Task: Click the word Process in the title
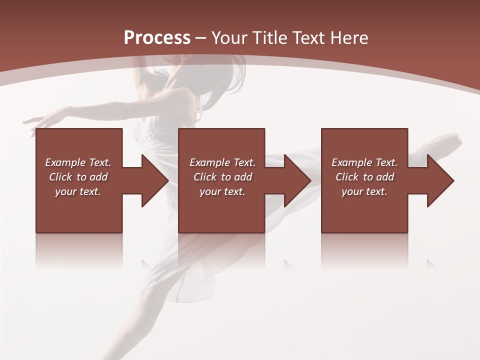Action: [157, 38]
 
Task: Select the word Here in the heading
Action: [349, 38]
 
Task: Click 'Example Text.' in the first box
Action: [78, 162]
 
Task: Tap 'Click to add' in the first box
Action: [78, 177]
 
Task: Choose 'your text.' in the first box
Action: [78, 191]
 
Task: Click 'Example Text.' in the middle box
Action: [222, 162]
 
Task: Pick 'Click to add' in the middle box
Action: [222, 177]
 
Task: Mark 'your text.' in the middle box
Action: [222, 191]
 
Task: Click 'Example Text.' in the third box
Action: [364, 162]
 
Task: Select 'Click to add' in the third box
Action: [364, 177]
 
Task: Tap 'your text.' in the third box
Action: [364, 191]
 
